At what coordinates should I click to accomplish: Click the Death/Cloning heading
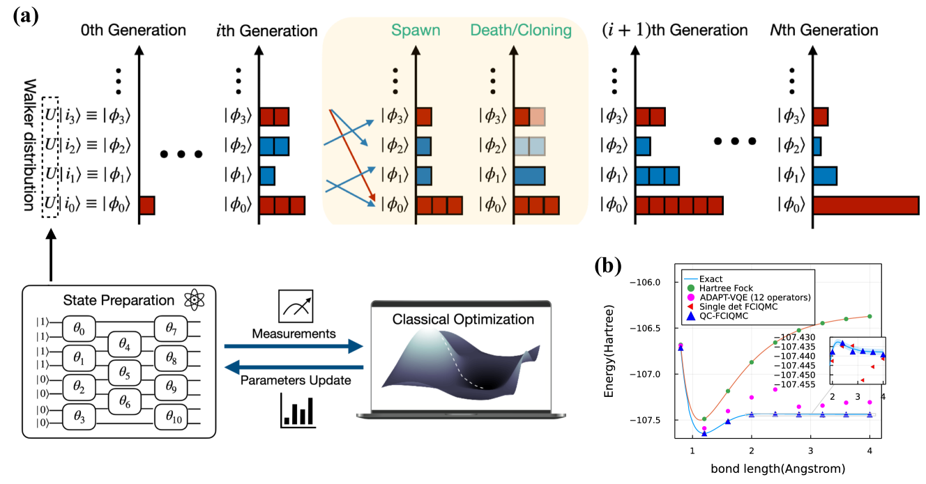[521, 31]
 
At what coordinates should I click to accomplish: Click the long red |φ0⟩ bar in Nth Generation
[865, 205]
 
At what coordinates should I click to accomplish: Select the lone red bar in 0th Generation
[146, 205]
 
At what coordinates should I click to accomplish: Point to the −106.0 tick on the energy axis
[655, 282]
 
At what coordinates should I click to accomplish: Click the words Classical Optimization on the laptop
[463, 320]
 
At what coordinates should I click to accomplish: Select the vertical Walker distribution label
[29, 144]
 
